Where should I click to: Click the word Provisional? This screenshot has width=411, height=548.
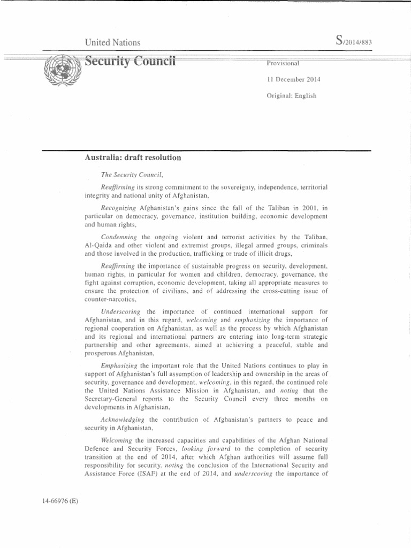283,63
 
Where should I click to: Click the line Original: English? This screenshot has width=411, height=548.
292,96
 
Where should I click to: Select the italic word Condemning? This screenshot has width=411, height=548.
118,236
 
